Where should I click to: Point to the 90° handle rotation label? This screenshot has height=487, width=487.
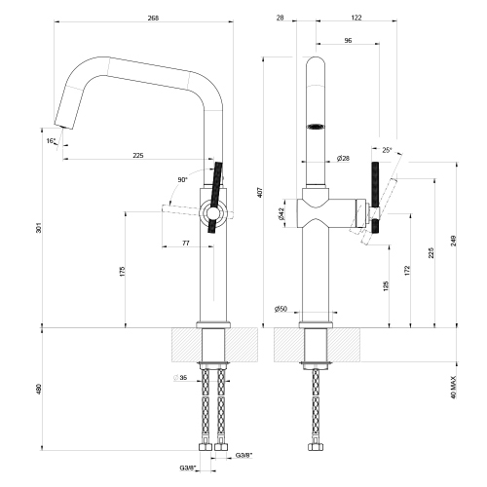tap(182, 180)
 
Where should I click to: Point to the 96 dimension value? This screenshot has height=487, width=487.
tap(347, 41)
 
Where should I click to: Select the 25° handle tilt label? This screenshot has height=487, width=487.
tap(388, 150)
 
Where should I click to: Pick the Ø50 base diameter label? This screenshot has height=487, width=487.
tap(280, 309)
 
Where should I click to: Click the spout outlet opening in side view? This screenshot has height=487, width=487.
tap(317, 126)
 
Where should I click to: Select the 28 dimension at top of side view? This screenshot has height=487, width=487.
tap(280, 18)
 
